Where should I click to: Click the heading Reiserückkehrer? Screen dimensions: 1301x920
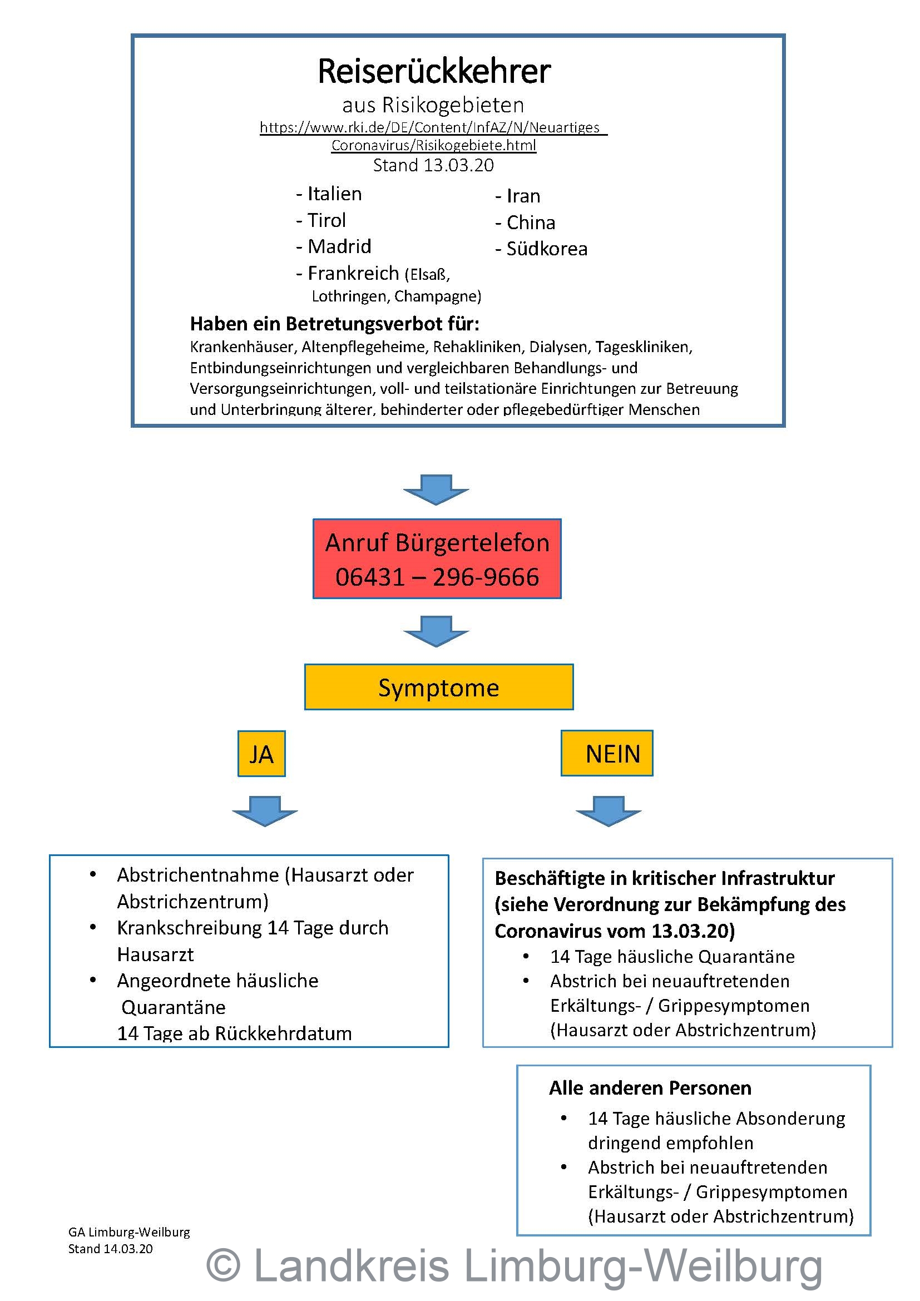click(x=433, y=71)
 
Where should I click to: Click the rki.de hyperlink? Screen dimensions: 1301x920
click(x=433, y=136)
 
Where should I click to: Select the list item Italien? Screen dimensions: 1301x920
click(x=334, y=194)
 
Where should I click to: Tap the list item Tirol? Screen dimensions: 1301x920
click(x=326, y=220)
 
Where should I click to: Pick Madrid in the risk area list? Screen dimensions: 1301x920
click(x=339, y=246)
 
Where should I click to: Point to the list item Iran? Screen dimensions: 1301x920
click(x=523, y=196)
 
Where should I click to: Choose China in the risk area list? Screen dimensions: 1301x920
click(x=530, y=222)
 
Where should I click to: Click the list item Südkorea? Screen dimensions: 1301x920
click(x=546, y=249)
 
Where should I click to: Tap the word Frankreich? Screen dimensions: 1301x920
click(x=353, y=274)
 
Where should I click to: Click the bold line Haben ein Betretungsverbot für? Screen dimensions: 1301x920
click(x=334, y=324)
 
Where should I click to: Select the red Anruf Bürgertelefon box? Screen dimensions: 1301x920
click(x=437, y=558)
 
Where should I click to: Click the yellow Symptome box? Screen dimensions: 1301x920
click(x=438, y=687)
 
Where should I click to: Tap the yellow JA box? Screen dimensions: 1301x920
click(x=261, y=754)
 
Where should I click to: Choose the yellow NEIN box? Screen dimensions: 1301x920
click(x=607, y=754)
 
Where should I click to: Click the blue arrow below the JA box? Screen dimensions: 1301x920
click(x=265, y=811)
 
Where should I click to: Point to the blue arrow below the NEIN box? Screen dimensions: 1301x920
click(x=609, y=811)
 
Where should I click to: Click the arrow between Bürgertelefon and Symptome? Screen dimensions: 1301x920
click(x=436, y=631)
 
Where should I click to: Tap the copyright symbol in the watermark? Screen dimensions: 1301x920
click(x=223, y=1265)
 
